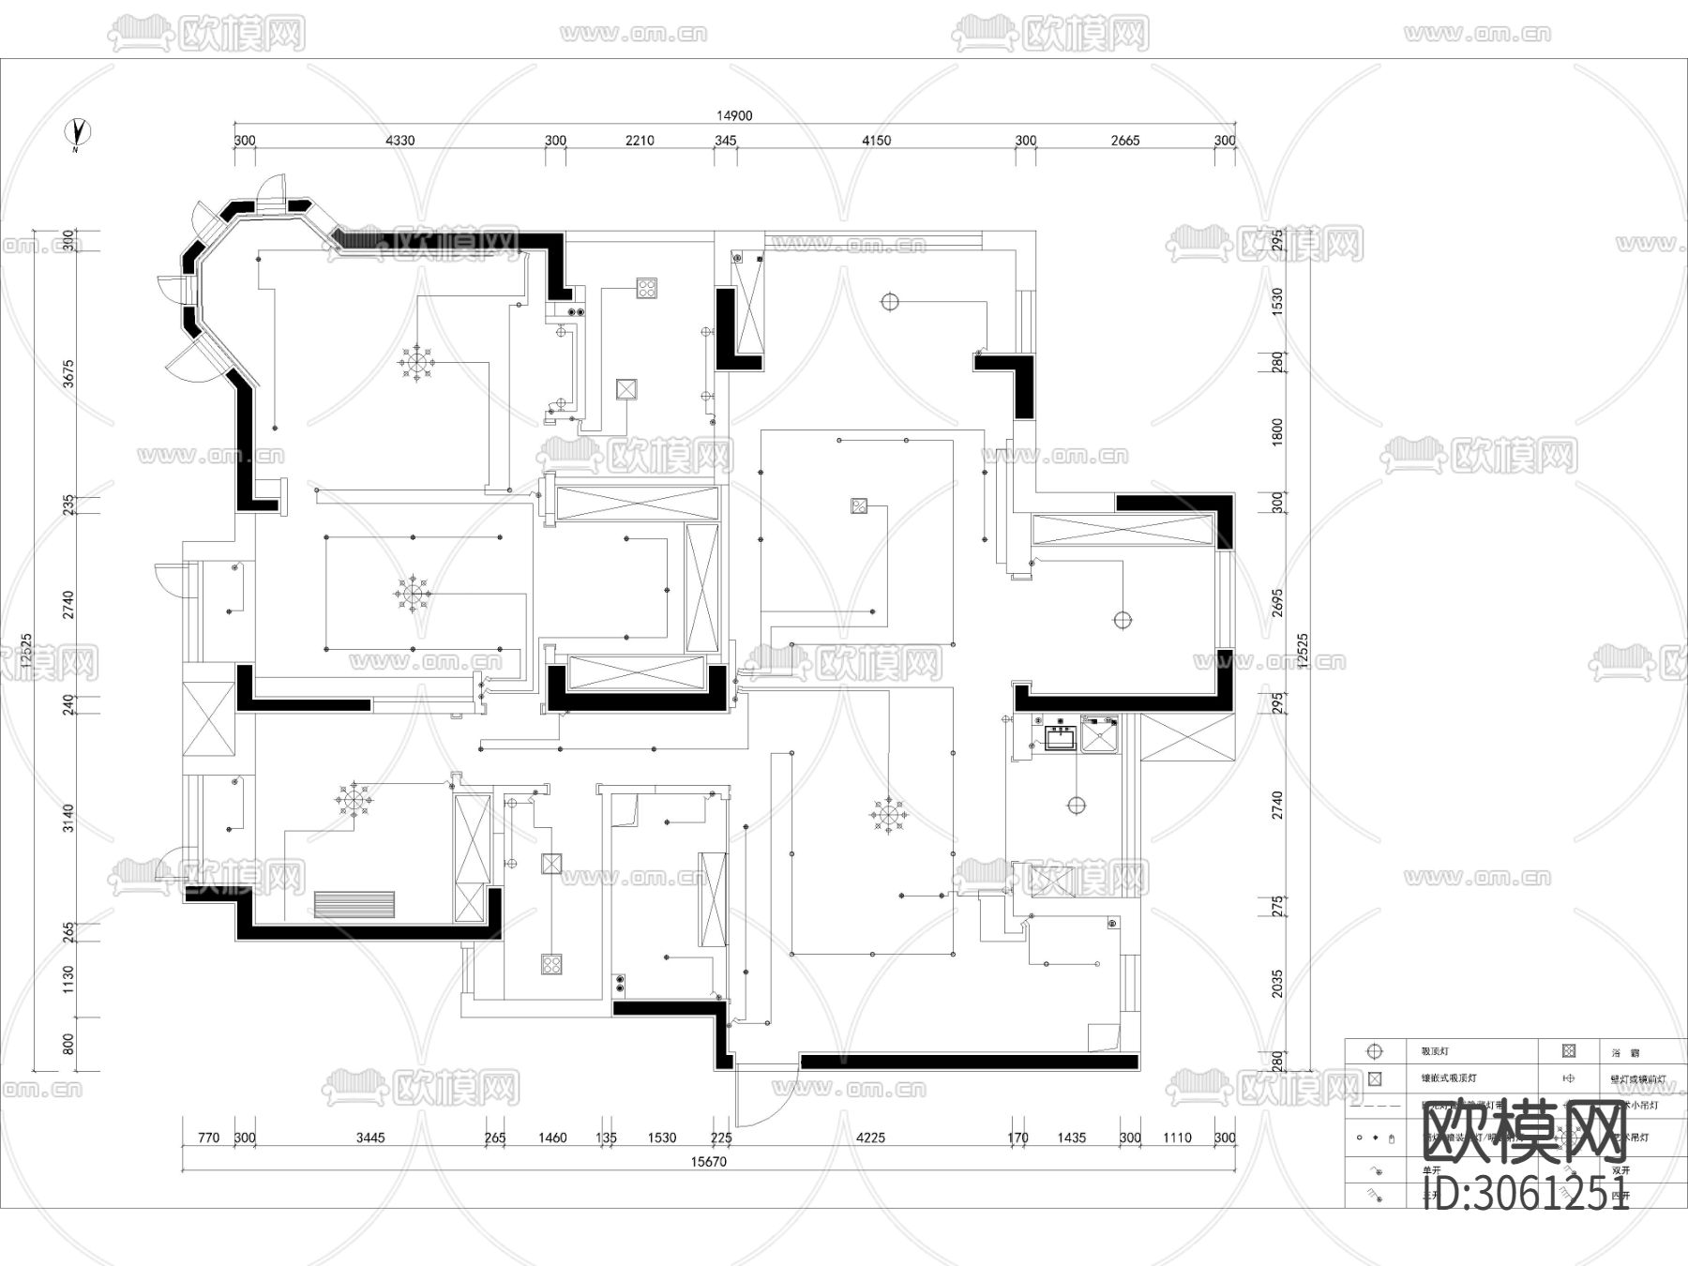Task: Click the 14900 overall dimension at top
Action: (734, 116)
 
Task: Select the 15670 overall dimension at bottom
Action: (709, 1161)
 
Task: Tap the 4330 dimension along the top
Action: (400, 141)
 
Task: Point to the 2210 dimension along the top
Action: (640, 141)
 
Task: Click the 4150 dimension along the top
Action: (876, 141)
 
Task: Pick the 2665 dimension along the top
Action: (1125, 141)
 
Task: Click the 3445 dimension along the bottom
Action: (370, 1138)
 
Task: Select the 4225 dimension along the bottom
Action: (870, 1138)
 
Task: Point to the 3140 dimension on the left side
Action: (68, 818)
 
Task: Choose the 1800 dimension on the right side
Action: (1277, 433)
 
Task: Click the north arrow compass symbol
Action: (78, 133)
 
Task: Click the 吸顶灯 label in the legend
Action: (1435, 1052)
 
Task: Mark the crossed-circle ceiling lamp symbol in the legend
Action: (1375, 1052)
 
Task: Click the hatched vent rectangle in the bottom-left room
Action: (354, 905)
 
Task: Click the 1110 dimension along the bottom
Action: (1177, 1138)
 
